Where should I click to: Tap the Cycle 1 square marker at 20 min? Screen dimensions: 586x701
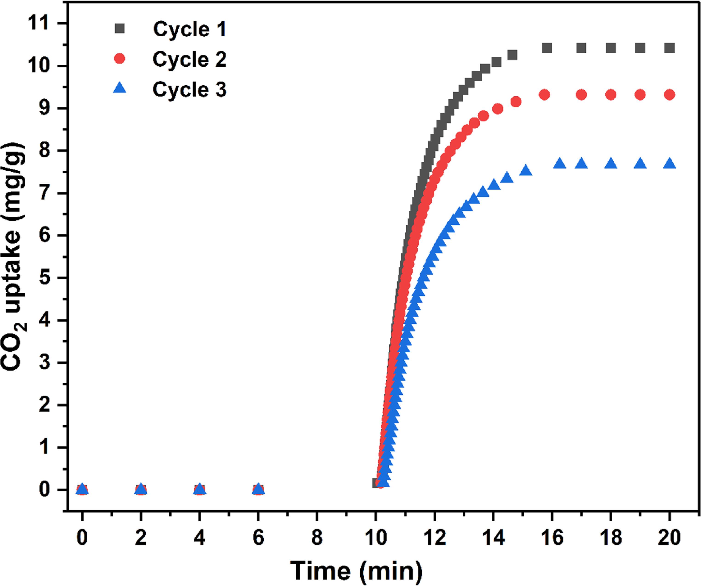pos(669,48)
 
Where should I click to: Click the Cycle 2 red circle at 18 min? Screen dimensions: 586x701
pos(610,95)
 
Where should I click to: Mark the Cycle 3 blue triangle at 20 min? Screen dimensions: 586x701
pos(669,164)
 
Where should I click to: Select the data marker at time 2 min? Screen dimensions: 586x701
pos(141,490)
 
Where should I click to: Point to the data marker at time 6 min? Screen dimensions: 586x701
pos(258,490)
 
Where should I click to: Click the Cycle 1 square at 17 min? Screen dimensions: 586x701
pos(581,48)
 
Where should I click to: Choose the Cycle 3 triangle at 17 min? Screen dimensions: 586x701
pos(581,164)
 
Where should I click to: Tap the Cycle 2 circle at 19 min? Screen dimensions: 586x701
pos(640,95)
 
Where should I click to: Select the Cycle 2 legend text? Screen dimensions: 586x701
pos(189,60)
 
